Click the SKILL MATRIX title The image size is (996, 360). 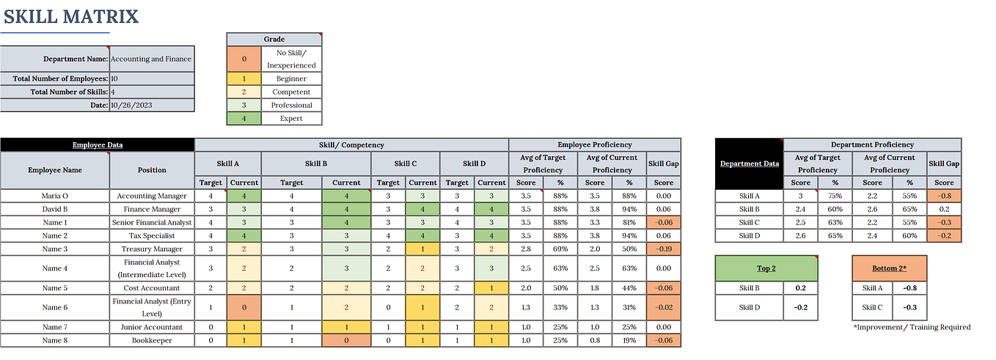tap(70, 16)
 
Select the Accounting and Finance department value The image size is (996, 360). tap(151, 59)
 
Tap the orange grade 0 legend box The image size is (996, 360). tap(244, 59)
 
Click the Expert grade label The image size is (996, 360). tap(291, 118)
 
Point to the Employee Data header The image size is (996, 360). tap(98, 144)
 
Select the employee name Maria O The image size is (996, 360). tap(55, 196)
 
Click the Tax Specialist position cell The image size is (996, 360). tap(152, 235)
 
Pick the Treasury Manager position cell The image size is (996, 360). tap(152, 249)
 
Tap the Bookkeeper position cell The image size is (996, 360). tap(152, 340)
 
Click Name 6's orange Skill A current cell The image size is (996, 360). tap(244, 307)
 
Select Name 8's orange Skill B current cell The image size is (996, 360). tap(346, 340)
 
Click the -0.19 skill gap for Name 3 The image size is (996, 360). tap(663, 249)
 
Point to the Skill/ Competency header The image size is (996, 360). tap(351, 144)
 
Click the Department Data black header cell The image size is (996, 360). tap(749, 164)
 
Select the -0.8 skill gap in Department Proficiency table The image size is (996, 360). tap(944, 196)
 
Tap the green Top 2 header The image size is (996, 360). tap(766, 268)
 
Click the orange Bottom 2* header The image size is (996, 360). tap(889, 268)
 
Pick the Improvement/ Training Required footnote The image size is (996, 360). tap(912, 327)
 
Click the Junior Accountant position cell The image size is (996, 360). tap(152, 327)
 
